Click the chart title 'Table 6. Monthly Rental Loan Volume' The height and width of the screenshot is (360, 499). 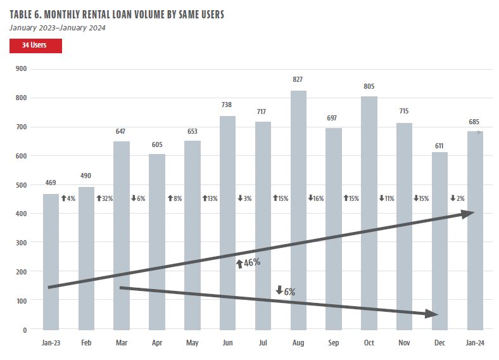click(117, 14)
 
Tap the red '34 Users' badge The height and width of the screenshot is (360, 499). click(36, 46)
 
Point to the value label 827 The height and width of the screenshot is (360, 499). click(298, 80)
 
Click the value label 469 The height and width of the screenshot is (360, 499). click(51, 183)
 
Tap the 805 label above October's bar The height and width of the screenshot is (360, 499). click(369, 86)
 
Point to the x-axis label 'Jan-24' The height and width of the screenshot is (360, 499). click(475, 343)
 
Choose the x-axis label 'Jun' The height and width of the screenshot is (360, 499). click(227, 343)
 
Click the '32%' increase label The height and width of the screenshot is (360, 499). click(104, 198)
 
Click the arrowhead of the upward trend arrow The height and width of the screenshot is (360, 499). click(468, 214)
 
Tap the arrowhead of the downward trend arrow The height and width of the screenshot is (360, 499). click(432, 314)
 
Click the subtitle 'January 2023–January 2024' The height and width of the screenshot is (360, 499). click(58, 27)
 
